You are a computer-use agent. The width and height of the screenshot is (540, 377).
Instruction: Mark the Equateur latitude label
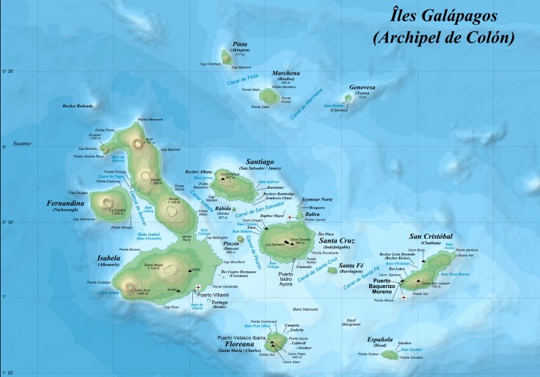coord(21,144)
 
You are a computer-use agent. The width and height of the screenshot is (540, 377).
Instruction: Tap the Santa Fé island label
coord(352,265)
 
